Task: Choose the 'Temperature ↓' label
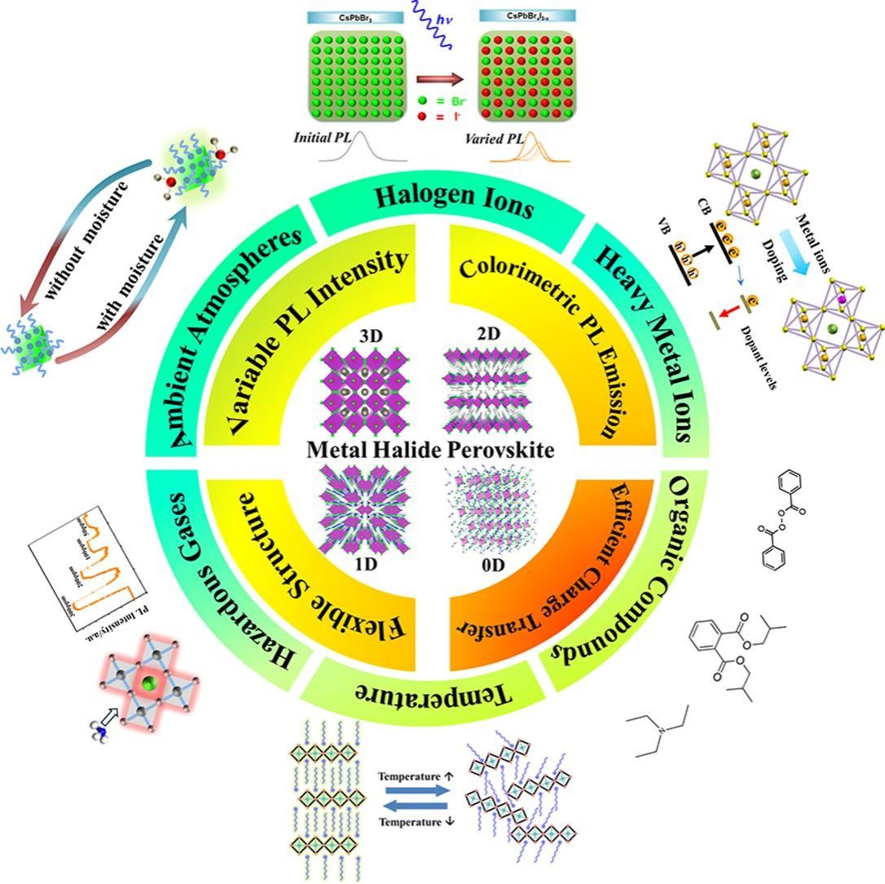pyautogui.click(x=414, y=821)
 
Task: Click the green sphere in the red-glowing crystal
pyautogui.click(x=149, y=683)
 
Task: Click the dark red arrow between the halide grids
pyautogui.click(x=440, y=80)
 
